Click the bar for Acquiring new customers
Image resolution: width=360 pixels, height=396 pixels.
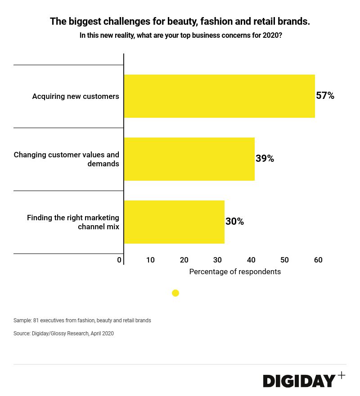219,96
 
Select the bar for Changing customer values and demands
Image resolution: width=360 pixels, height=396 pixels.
189,159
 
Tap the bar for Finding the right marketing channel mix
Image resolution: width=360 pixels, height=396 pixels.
174,222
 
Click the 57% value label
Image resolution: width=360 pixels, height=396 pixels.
325,96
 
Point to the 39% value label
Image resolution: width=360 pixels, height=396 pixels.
265,159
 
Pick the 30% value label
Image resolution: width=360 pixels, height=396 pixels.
234,222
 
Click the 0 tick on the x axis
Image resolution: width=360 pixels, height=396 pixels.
119,260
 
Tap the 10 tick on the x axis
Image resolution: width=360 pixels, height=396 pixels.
150,260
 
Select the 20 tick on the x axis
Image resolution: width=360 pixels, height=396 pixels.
184,260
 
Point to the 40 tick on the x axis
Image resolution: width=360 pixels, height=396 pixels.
251,260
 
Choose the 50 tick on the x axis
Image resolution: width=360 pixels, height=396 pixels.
284,260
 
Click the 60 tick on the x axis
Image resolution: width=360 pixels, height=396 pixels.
318,260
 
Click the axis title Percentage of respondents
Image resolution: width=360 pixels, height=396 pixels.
235,271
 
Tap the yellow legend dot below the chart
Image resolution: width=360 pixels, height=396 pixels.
175,293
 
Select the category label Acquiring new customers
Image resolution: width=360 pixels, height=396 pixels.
76,96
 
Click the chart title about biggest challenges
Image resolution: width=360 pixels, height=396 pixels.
180,21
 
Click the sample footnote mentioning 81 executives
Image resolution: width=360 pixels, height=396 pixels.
82,320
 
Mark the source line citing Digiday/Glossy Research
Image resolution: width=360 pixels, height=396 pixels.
63,334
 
